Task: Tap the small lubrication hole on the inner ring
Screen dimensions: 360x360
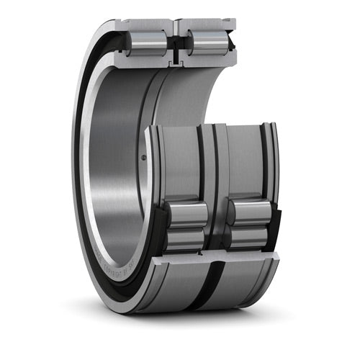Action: [x=143, y=158]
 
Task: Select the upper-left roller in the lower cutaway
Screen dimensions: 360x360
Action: [x=186, y=213]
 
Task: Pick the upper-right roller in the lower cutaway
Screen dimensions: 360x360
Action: [x=248, y=213]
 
